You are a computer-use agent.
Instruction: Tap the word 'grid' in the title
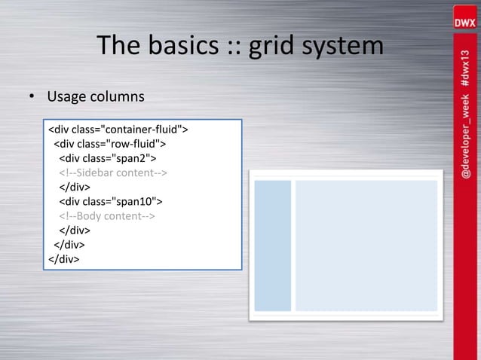coord(276,46)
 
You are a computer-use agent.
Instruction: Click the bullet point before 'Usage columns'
coord(32,98)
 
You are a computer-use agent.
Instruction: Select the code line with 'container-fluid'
coord(118,130)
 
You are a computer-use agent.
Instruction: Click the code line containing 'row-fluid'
coord(110,144)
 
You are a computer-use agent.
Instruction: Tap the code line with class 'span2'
coord(108,158)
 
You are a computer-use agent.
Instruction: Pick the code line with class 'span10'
coord(111,201)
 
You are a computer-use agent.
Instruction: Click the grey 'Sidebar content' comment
coord(113,172)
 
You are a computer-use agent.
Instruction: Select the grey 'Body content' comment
coord(107,215)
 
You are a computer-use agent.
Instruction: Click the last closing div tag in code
coord(64,258)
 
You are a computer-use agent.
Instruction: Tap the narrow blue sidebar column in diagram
coord(272,246)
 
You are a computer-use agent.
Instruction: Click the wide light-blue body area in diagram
coord(366,246)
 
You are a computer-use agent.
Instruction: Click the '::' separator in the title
coord(233,46)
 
